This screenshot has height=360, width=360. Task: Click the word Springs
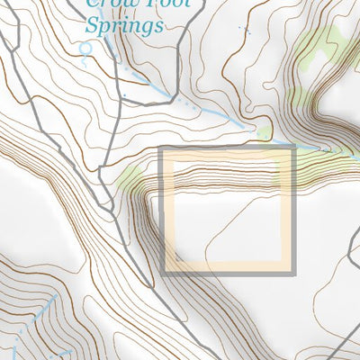(x=124, y=24)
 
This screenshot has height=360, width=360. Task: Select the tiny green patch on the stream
(x=264, y=134)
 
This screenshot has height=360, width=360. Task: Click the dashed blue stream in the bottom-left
(x=36, y=315)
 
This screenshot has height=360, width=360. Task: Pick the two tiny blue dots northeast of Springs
(x=243, y=29)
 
